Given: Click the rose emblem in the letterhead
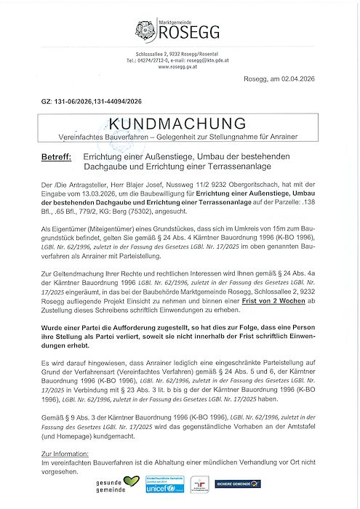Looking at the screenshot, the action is pyautogui.click(x=145, y=31).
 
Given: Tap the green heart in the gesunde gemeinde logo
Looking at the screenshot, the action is pyautogui.click(x=131, y=482).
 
